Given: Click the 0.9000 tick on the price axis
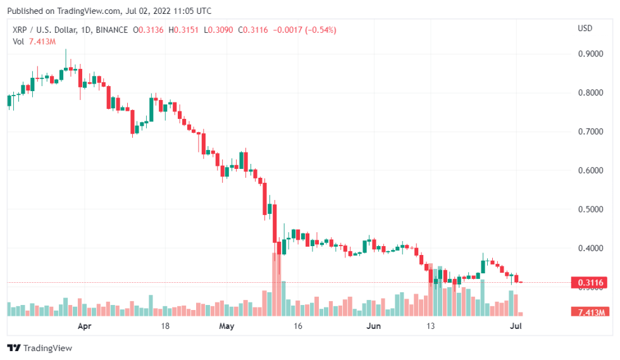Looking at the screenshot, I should coord(590,54).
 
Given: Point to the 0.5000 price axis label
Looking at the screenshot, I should coord(590,209).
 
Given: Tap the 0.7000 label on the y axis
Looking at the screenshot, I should coord(590,132).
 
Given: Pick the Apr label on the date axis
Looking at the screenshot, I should coord(84,326).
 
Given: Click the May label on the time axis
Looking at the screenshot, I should coord(226,326).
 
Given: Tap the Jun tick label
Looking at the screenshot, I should coord(374,326).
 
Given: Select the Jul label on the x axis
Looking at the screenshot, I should coord(516,326).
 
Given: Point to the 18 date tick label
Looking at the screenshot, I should coord(165,326).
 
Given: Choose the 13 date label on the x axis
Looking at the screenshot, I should coord(431,326).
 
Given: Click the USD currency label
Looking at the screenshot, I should coord(585,28).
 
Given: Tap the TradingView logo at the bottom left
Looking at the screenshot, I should coord(39,348).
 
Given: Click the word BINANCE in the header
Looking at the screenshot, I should coord(111,30).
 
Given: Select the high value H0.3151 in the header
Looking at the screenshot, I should coord(182,30).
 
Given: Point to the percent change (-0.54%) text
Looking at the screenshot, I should coord(319,30).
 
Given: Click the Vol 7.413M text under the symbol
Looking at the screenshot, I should coord(34,41).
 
